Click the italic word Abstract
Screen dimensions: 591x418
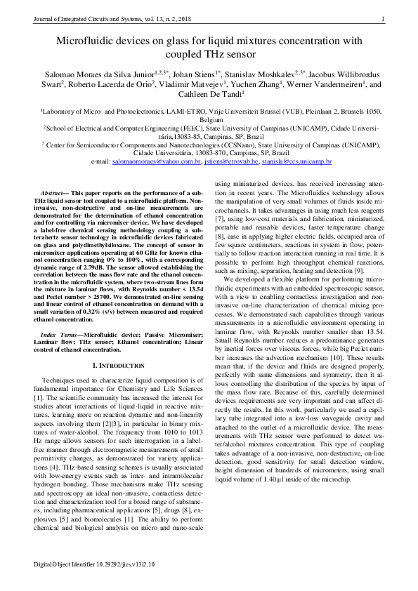(x=53, y=192)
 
